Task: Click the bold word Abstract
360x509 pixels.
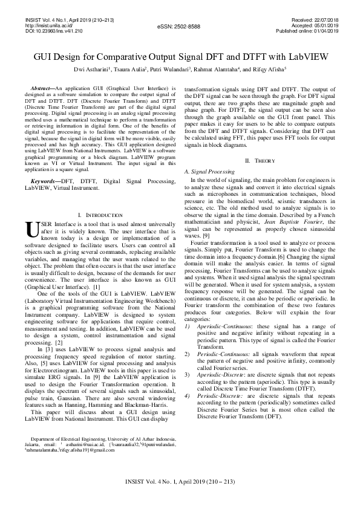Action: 42,88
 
